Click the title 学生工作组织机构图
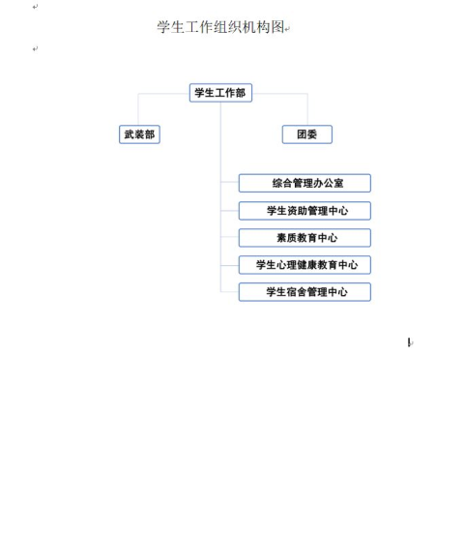click(220, 27)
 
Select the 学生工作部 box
click(220, 93)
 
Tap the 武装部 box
click(139, 134)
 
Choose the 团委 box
click(307, 134)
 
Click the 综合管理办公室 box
click(304, 183)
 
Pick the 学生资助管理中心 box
click(304, 211)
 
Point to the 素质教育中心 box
click(304, 238)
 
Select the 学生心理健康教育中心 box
click(304, 265)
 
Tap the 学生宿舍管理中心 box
click(304, 292)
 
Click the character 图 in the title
click(277, 27)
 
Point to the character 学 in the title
click(163, 27)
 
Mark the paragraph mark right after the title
click(287, 29)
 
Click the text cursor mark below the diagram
click(410, 342)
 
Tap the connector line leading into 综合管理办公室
click(230, 182)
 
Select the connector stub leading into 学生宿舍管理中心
click(230, 292)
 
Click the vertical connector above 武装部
click(138, 109)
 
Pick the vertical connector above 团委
click(307, 109)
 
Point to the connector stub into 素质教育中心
click(230, 237)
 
